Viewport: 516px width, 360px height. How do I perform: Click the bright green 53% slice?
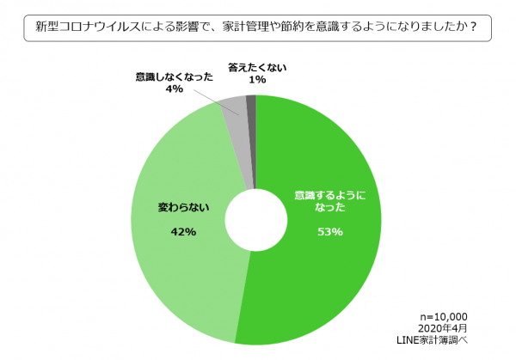335,275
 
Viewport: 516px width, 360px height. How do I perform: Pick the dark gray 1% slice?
251,103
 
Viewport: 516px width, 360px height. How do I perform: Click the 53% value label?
331,232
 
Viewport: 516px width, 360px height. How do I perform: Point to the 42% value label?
183,232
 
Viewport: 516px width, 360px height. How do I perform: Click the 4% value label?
175,88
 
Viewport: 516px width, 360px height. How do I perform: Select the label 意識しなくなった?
175,76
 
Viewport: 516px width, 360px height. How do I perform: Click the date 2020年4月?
445,329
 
